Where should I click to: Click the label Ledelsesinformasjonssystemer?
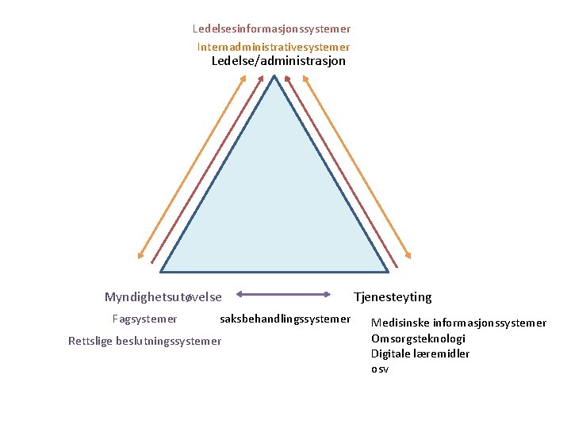271,29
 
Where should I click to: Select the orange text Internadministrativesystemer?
274,47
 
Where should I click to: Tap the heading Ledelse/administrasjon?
278,61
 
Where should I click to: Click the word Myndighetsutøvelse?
163,297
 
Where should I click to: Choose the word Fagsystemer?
144,319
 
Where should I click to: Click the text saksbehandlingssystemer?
285,319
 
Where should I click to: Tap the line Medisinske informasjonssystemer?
458,323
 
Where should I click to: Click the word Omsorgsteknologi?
418,338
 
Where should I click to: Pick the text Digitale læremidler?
420,353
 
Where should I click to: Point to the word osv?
380,369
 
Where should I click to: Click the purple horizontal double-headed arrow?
284,295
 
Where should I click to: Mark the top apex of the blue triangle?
274,76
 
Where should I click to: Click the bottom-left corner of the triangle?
162,272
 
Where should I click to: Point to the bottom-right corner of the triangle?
388,272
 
